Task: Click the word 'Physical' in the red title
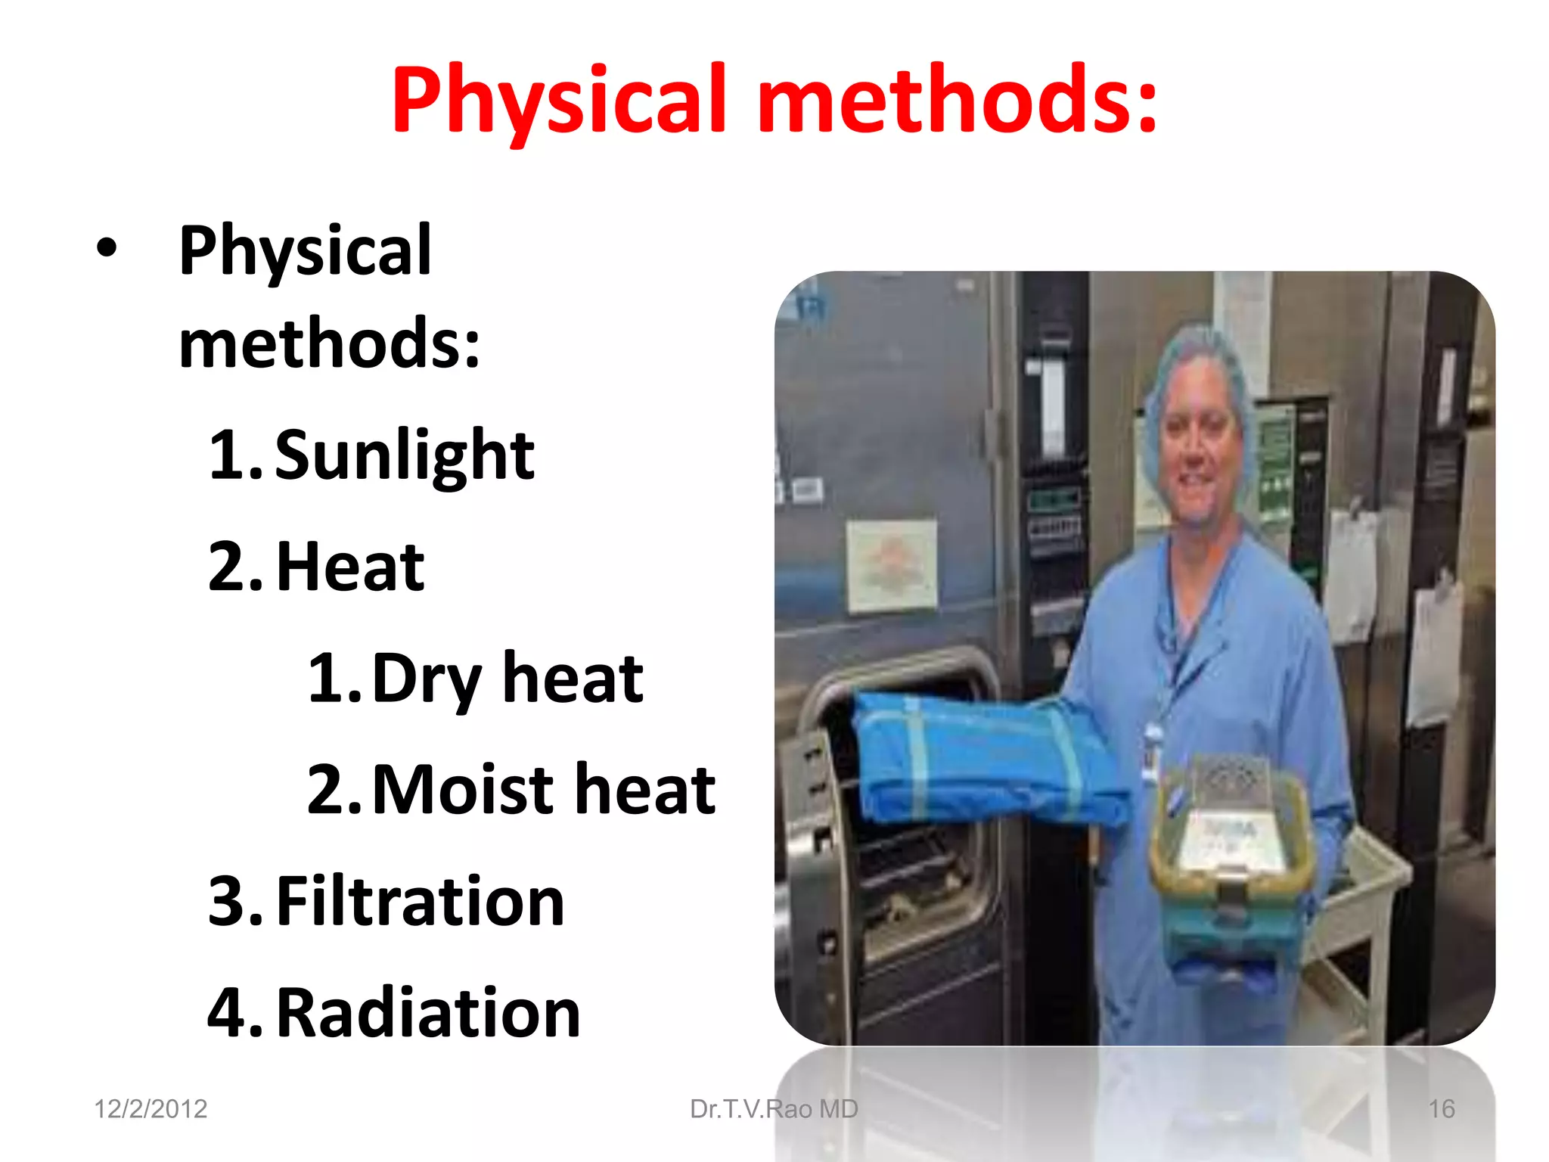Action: pos(558,101)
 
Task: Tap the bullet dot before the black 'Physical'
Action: pos(107,248)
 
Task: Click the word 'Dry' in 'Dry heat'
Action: pos(426,679)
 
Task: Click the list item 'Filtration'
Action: pos(420,901)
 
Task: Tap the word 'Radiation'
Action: pos(428,1013)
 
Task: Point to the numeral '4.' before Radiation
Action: pos(234,1013)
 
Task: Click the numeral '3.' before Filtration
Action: pos(234,901)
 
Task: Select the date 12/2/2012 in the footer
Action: pos(151,1109)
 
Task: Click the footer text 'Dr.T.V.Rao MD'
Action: pos(774,1109)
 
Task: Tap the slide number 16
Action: pos(1441,1109)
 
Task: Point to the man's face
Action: pos(1199,454)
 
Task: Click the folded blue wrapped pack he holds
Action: pos(983,757)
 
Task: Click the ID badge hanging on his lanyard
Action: pos(1152,749)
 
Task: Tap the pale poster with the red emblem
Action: pos(891,564)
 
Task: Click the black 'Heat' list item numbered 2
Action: pos(349,567)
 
